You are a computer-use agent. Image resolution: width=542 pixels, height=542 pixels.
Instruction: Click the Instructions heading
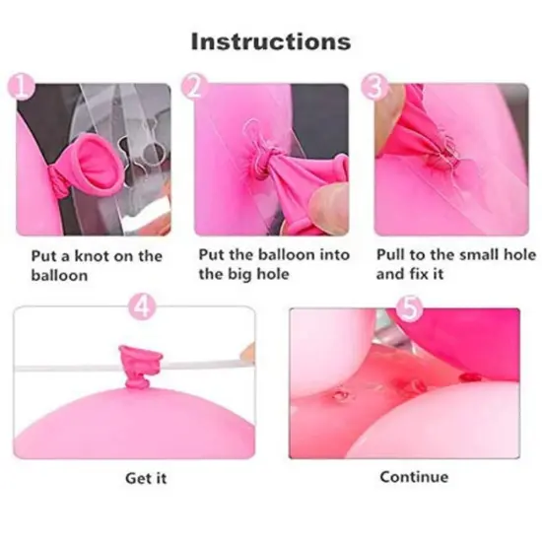click(x=270, y=41)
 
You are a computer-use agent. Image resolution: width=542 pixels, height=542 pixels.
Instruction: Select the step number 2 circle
click(x=194, y=89)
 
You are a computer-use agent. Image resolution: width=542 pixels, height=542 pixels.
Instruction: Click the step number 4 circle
click(x=143, y=306)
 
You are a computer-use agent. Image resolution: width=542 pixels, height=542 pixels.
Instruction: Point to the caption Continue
click(x=414, y=477)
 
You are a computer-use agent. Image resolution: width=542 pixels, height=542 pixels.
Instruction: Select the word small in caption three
click(x=475, y=254)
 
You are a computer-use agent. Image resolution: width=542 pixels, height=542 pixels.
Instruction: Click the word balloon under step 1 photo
click(x=60, y=275)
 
